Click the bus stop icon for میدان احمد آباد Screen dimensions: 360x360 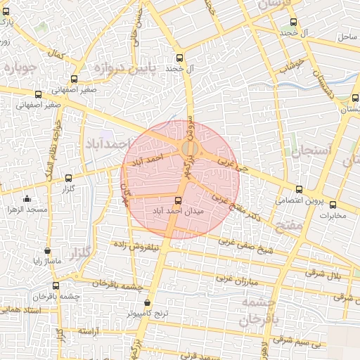click(x=176, y=200)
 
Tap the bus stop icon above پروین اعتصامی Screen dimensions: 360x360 click(x=300, y=189)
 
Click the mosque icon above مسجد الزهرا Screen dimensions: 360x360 click(x=27, y=199)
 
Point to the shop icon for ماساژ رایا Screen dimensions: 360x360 click(x=47, y=250)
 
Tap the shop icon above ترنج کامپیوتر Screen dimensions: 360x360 click(x=146, y=302)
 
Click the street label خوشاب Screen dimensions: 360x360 click(x=290, y=65)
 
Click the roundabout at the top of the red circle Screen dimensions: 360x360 click(x=189, y=148)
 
